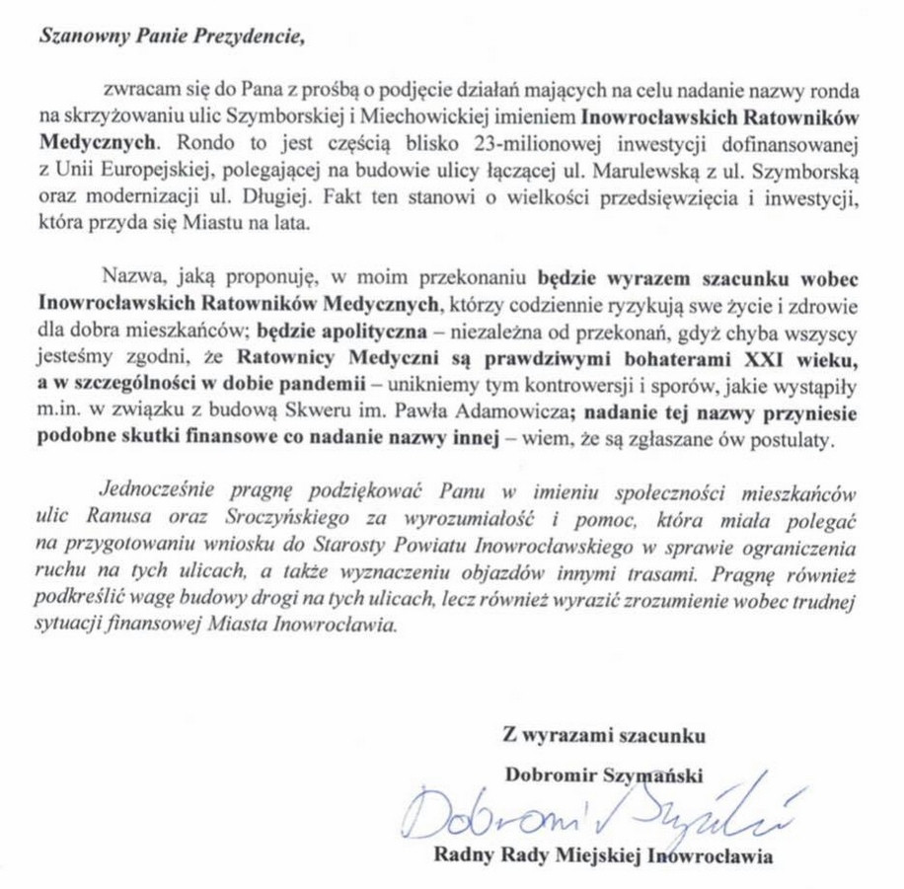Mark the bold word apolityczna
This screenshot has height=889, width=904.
[x=370, y=326]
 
